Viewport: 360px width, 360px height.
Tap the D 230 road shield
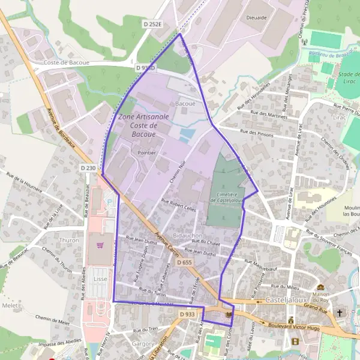pyautogui.click(x=88, y=169)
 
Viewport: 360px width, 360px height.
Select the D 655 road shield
pyautogui.click(x=185, y=263)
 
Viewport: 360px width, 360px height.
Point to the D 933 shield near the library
pyautogui.click(x=187, y=314)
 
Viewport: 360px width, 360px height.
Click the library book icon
pyautogui.click(x=229, y=314)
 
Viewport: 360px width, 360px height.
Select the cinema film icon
pyautogui.click(x=295, y=341)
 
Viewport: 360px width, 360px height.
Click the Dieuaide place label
pyautogui.click(x=256, y=19)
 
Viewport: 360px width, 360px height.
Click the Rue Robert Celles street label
pyautogui.click(x=179, y=206)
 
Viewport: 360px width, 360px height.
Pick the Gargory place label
pyautogui.click(x=143, y=344)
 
